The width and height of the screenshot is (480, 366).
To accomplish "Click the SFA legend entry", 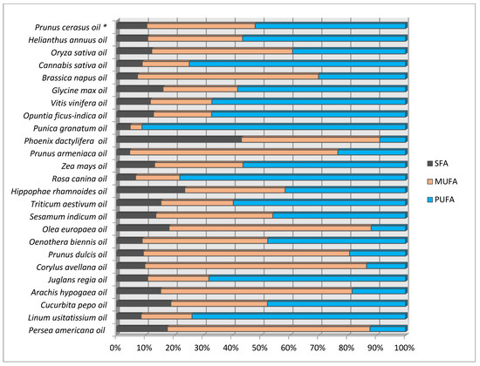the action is (x=438, y=163).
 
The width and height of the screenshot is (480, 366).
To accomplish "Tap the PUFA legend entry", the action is (x=441, y=200).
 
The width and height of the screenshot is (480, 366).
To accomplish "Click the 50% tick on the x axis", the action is (x=259, y=348).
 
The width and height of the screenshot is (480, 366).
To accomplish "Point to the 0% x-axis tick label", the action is (x=115, y=348).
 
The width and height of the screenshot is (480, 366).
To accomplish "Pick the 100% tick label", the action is (x=404, y=348).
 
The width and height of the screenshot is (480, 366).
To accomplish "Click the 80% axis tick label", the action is (x=346, y=348).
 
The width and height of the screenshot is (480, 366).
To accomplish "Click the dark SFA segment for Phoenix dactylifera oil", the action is (x=179, y=139).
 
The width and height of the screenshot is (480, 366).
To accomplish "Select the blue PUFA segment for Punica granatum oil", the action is (x=274, y=127).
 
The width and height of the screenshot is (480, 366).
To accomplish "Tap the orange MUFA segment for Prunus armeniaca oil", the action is (x=234, y=152).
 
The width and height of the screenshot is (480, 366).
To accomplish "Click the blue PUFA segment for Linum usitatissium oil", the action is (x=298, y=316).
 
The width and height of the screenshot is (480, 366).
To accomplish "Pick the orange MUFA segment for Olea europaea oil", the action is (x=271, y=228).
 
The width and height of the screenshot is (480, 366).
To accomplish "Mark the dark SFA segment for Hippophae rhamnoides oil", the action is (x=151, y=190).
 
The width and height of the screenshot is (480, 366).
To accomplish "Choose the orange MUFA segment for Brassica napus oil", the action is (x=229, y=77).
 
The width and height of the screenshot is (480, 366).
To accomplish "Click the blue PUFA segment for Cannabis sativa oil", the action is (x=298, y=64).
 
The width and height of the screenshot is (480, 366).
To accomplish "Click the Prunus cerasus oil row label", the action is (x=71, y=27).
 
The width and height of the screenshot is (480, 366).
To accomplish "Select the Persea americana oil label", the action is (x=66, y=330).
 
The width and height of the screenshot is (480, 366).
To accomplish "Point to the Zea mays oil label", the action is (x=84, y=166).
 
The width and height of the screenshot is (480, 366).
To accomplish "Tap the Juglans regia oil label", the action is (x=78, y=280).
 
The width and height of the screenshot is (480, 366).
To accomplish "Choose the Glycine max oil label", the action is (x=79, y=91).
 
